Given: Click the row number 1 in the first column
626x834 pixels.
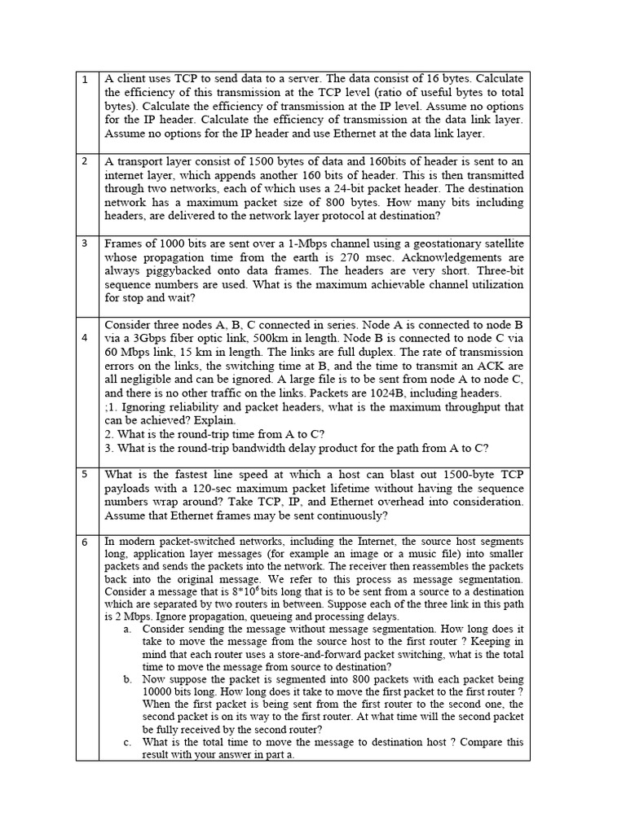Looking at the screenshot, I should coord(85,80).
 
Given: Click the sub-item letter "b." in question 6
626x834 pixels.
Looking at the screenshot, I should coord(128,679).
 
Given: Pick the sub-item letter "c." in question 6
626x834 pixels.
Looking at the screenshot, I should coord(128,743).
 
